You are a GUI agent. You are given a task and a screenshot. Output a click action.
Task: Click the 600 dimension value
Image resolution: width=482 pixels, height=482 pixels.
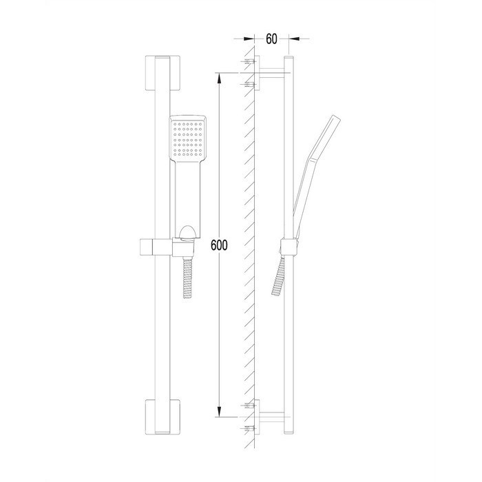pos(219,245)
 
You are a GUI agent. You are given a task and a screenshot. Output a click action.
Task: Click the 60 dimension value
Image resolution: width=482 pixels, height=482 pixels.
pos(271,39)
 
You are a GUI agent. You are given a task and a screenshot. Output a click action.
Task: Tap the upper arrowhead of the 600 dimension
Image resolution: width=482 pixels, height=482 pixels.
pos(219,78)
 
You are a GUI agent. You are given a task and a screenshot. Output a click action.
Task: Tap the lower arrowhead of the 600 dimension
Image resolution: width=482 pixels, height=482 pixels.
pos(219,412)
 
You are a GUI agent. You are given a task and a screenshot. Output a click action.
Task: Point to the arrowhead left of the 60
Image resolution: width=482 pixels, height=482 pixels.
pos(249,39)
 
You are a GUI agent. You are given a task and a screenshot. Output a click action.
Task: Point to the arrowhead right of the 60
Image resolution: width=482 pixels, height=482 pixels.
pos(294,39)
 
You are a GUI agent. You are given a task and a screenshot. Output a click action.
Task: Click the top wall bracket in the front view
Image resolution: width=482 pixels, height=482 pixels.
pos(163,73)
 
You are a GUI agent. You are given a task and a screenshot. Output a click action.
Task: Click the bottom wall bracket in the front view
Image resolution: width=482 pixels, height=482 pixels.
pos(163,417)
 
